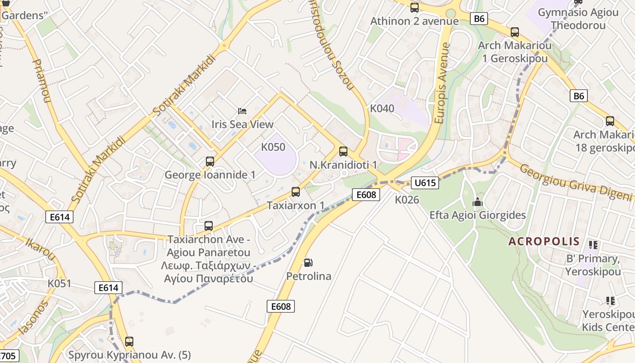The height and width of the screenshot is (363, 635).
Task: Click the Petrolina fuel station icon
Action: tap(308, 262)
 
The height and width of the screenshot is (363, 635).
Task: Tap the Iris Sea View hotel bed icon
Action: tap(243, 111)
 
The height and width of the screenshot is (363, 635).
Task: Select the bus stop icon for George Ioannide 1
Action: tap(210, 161)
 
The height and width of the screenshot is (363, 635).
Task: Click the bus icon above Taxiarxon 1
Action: tap(296, 191)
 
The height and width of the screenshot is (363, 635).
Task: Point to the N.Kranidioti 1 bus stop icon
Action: tap(343, 152)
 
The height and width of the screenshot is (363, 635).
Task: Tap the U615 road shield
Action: tap(425, 183)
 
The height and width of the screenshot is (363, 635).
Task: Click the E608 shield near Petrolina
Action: tap(281, 306)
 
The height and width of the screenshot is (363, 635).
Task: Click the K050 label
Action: tap(273, 147)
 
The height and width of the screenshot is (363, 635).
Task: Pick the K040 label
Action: tap(382, 108)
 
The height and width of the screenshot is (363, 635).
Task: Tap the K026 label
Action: tap(407, 200)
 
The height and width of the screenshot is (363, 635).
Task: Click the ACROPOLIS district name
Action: tap(544, 241)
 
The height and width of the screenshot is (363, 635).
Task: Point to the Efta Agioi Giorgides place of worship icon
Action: tap(478, 202)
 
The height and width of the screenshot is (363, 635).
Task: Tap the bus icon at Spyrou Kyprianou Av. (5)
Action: tap(129, 341)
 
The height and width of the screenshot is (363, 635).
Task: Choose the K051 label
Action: tap(59, 284)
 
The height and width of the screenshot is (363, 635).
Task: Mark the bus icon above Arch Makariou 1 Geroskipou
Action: tap(514, 32)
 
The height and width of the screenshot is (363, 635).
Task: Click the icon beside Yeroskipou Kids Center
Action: tap(611, 300)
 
